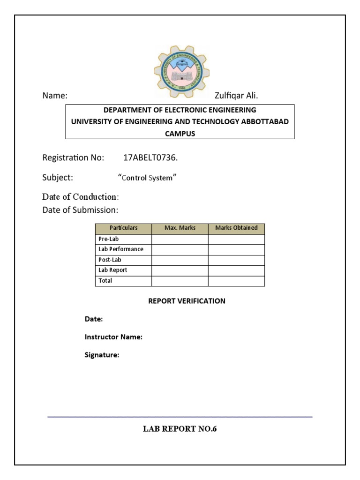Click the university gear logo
[x=182, y=72]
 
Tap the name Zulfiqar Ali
[x=236, y=96]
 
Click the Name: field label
[x=55, y=96]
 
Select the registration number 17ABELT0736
[x=150, y=157]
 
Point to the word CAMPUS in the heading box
[x=180, y=133]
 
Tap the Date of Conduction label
[x=80, y=196]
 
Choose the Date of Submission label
[x=80, y=210]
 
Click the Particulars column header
[x=123, y=228]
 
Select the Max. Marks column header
[x=180, y=228]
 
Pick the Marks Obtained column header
[x=236, y=228]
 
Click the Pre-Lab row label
[x=109, y=239]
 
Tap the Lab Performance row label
[x=121, y=249]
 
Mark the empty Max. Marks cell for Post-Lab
[x=180, y=260]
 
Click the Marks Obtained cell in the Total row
[x=236, y=281]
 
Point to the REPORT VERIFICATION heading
[x=187, y=301]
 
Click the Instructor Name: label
[x=113, y=337]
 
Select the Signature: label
[x=102, y=355]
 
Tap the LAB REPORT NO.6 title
[x=180, y=429]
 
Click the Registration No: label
[x=73, y=157]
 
